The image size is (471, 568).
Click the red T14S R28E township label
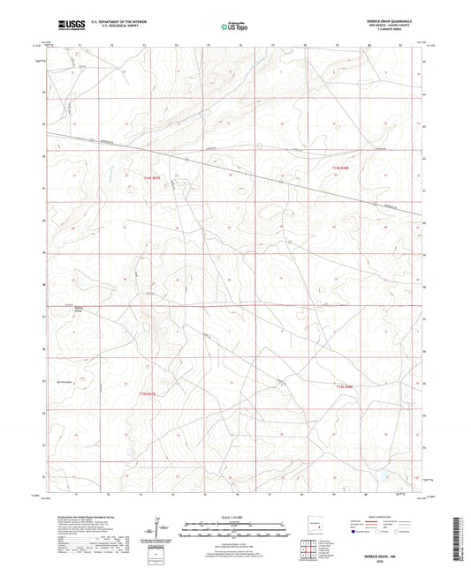click(341, 165)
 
